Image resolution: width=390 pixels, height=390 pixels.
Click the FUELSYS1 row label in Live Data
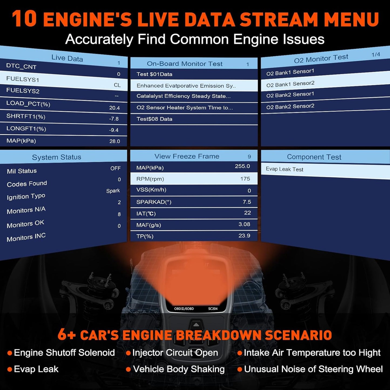22,79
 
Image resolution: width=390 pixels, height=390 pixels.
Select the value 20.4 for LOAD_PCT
114,108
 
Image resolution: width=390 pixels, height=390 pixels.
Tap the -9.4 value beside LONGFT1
114,130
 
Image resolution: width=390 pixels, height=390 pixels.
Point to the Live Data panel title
67,58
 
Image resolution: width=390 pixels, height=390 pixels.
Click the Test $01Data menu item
154,74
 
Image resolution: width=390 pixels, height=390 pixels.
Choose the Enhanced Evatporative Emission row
186,86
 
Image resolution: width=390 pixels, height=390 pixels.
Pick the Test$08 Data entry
154,119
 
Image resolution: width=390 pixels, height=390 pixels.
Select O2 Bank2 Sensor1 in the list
290,94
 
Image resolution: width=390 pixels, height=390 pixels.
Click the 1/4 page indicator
376,55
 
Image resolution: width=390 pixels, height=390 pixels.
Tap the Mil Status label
22,171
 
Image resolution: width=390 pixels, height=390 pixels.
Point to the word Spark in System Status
113,191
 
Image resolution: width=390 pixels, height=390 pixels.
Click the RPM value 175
245,179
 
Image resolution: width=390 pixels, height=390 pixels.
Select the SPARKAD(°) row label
154,202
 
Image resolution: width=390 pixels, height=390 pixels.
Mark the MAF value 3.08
244,224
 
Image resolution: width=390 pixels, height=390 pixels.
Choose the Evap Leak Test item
284,169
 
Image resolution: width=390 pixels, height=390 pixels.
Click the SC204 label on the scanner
213,309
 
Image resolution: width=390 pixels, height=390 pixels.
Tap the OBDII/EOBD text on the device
184,309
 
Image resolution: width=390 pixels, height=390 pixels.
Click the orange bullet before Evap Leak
9,369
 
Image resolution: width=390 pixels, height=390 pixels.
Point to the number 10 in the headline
24,19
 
